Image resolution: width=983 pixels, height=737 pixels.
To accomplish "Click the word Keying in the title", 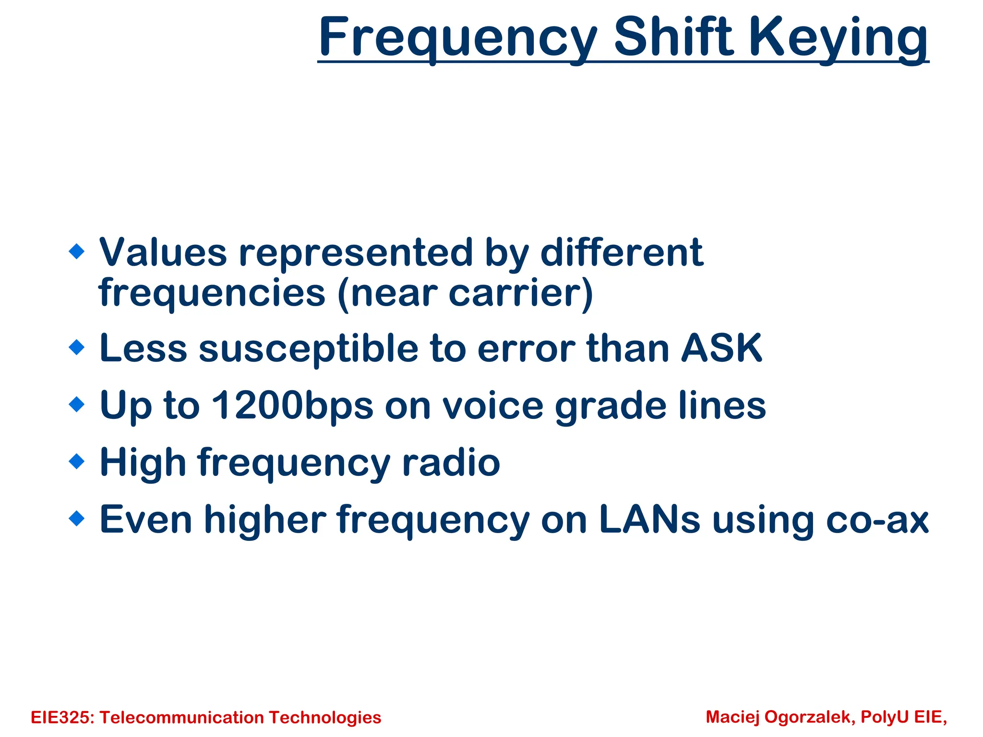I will click(x=838, y=38).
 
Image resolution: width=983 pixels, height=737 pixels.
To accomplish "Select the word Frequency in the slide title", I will click(x=458, y=38).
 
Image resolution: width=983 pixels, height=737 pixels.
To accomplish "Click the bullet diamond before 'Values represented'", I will click(x=77, y=251).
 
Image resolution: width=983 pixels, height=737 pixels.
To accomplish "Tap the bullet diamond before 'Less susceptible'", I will click(x=77, y=347).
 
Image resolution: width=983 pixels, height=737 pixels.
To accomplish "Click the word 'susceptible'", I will click(x=309, y=349).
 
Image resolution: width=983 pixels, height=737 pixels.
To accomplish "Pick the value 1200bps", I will click(x=292, y=406).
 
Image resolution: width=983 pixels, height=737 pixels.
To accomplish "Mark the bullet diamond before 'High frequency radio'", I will click(x=77, y=462).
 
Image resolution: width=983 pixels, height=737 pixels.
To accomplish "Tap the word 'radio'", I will click(x=451, y=463).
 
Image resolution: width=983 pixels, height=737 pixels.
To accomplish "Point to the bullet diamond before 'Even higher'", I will click(x=77, y=519).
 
